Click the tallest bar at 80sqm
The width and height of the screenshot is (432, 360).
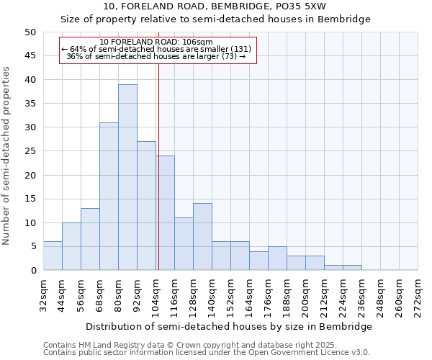pyautogui.click(x=127, y=177)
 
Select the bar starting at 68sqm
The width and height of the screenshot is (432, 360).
pyautogui.click(x=109, y=197)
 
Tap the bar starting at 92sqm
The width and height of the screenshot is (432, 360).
pyautogui.click(x=146, y=206)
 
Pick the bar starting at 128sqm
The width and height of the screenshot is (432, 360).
pyautogui.click(x=202, y=237)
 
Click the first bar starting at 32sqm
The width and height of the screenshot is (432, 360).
pyautogui.click(x=53, y=256)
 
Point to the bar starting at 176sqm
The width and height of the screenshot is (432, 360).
pyautogui.click(x=277, y=258)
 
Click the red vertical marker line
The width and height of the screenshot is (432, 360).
pyautogui.click(x=158, y=166)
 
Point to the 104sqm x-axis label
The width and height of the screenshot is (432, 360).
pyautogui.click(x=156, y=294)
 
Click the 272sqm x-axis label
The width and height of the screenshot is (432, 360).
pyautogui.click(x=418, y=294)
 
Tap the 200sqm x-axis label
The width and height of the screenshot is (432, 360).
pyautogui.click(x=306, y=294)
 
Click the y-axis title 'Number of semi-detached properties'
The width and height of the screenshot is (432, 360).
pyautogui.click(x=7, y=156)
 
